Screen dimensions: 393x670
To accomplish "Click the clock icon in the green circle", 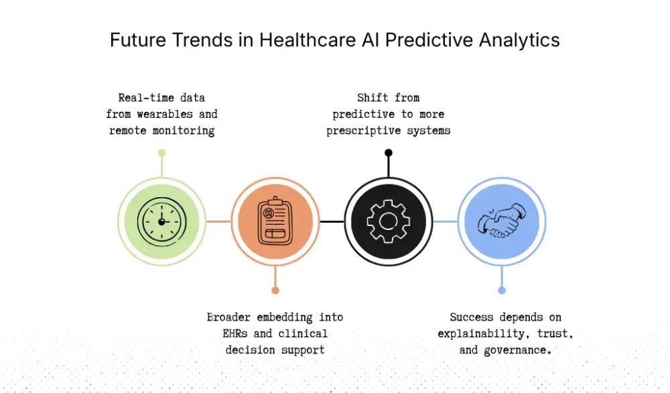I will coord(161,221).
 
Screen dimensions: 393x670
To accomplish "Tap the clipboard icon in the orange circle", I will coord(275,221).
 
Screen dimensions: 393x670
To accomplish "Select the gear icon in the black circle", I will coord(388,221).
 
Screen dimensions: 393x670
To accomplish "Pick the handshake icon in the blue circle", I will coord(502,221).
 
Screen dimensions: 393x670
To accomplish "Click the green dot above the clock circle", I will coord(161,153).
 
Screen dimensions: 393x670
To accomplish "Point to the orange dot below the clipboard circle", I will coord(275,290).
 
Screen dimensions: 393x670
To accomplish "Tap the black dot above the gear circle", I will coord(389,153).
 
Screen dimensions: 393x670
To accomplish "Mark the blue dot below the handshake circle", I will coord(502,290).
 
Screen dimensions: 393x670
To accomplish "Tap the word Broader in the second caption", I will coord(229,317).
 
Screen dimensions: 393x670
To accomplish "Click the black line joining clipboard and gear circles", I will coord(332,221).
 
